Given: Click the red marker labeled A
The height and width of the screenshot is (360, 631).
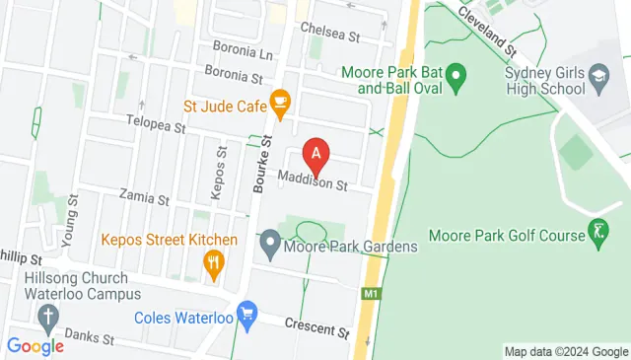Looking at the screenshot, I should click(315, 153).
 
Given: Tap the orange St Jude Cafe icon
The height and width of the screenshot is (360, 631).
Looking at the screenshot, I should click(280, 102).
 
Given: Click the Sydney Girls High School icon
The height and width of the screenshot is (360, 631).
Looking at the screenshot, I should click(597, 75).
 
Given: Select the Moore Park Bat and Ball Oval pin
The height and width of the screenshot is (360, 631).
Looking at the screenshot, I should click(456, 75).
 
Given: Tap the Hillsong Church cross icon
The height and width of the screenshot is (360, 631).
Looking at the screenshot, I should click(46, 316).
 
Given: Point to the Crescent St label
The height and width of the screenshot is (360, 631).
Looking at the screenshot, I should click(316, 326).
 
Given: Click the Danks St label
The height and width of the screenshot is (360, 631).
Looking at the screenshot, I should click(90, 339).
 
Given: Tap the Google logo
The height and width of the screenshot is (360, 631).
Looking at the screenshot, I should click(35, 345).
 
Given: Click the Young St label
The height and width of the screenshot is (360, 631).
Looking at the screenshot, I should click(69, 228).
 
